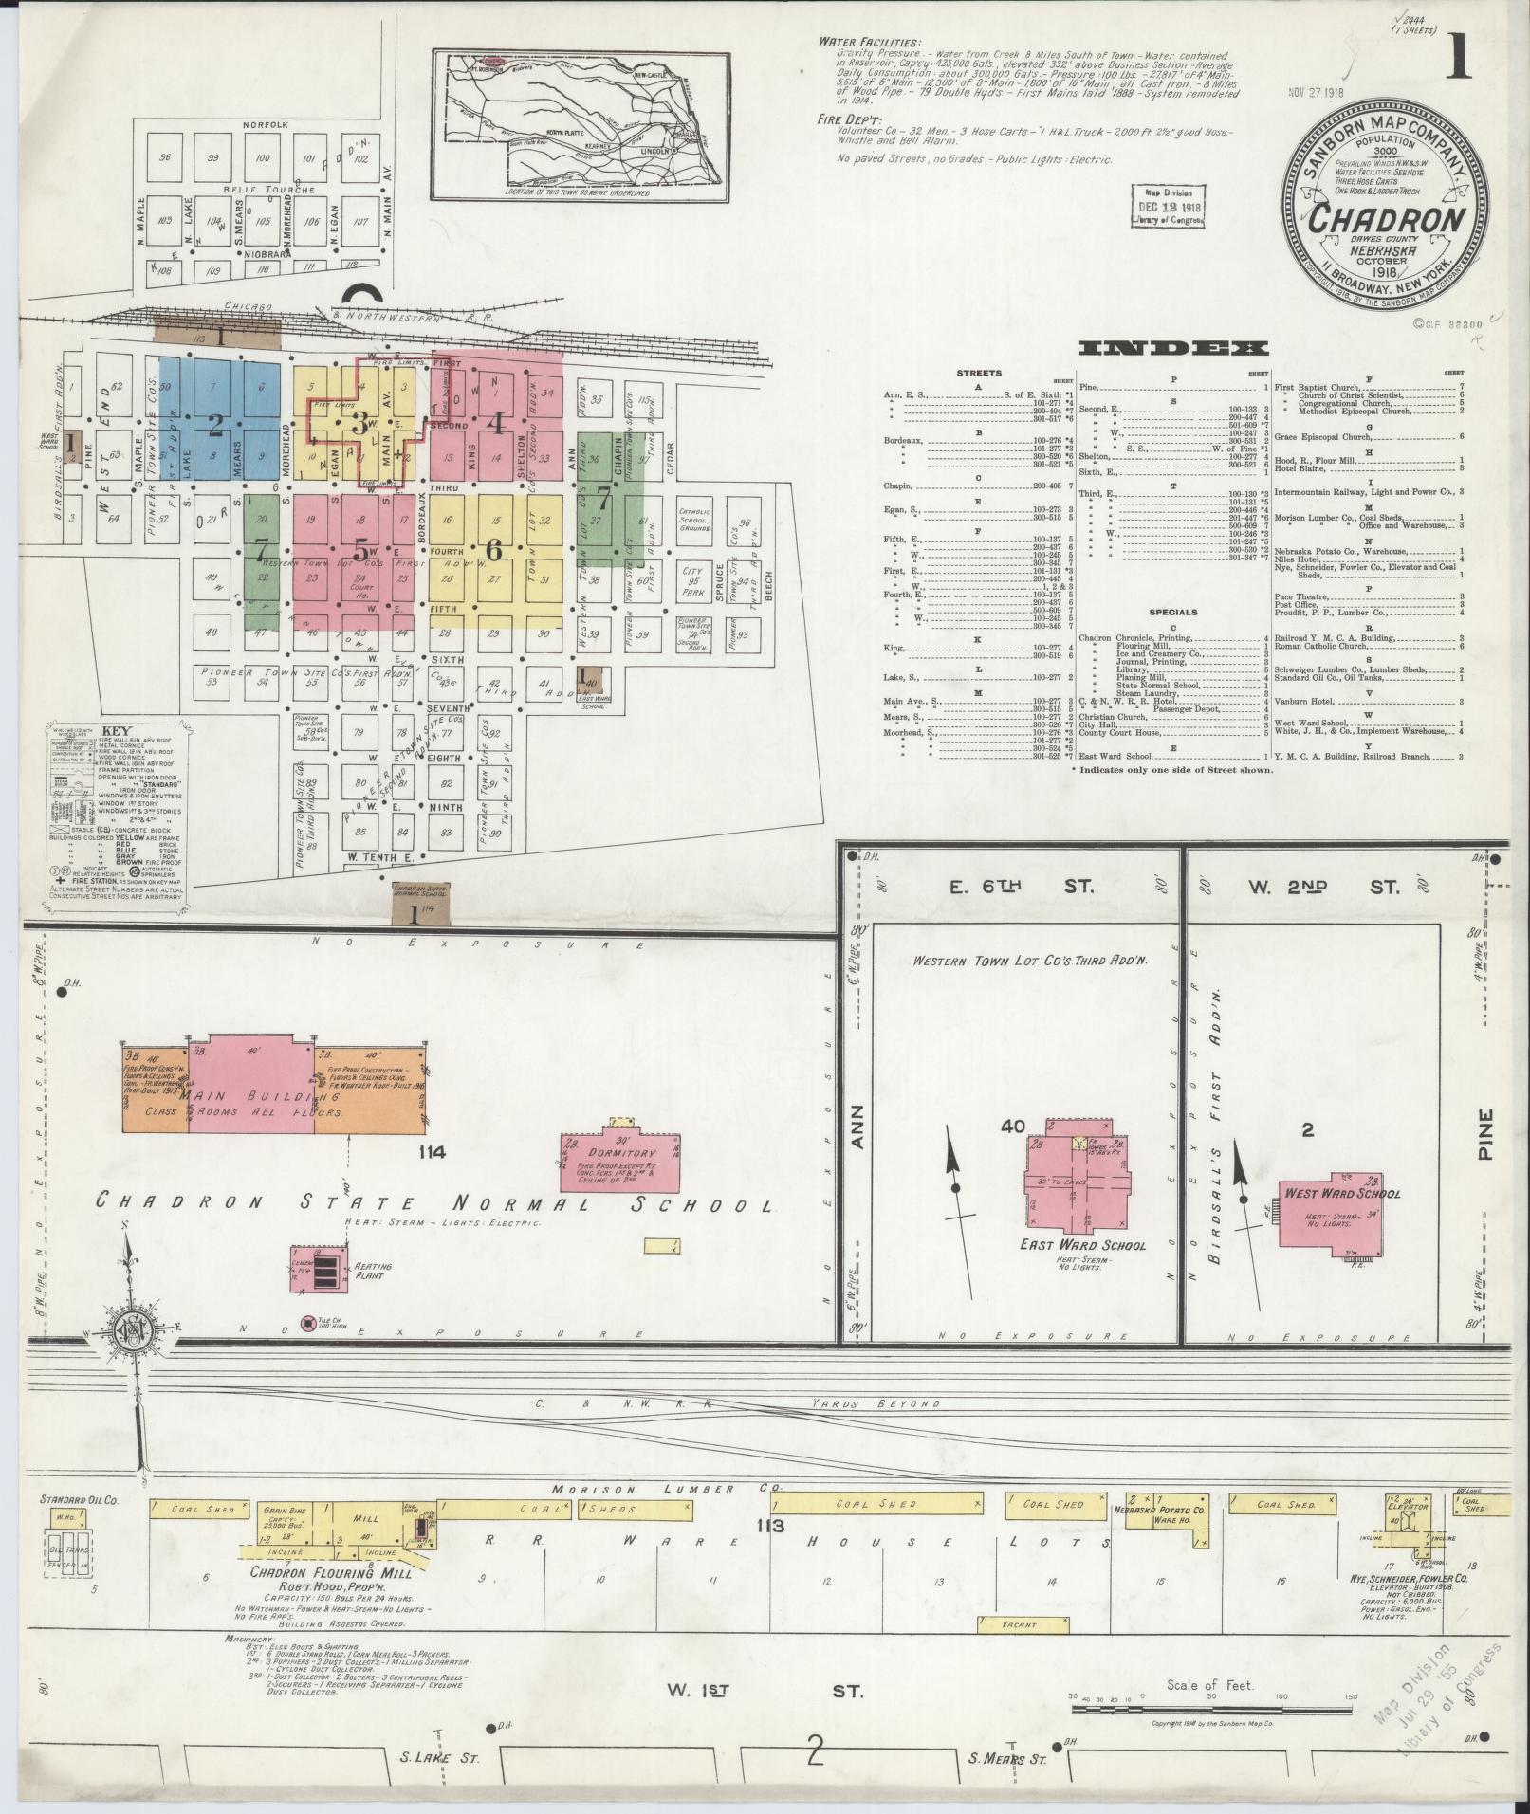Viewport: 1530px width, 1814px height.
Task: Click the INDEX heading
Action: [1172, 348]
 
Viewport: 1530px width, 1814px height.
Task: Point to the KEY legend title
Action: [116, 731]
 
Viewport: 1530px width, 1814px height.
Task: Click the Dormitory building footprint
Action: [620, 1161]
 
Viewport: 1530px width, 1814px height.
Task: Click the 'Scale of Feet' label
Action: [1210, 1685]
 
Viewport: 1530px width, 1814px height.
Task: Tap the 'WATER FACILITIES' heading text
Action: [869, 43]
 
